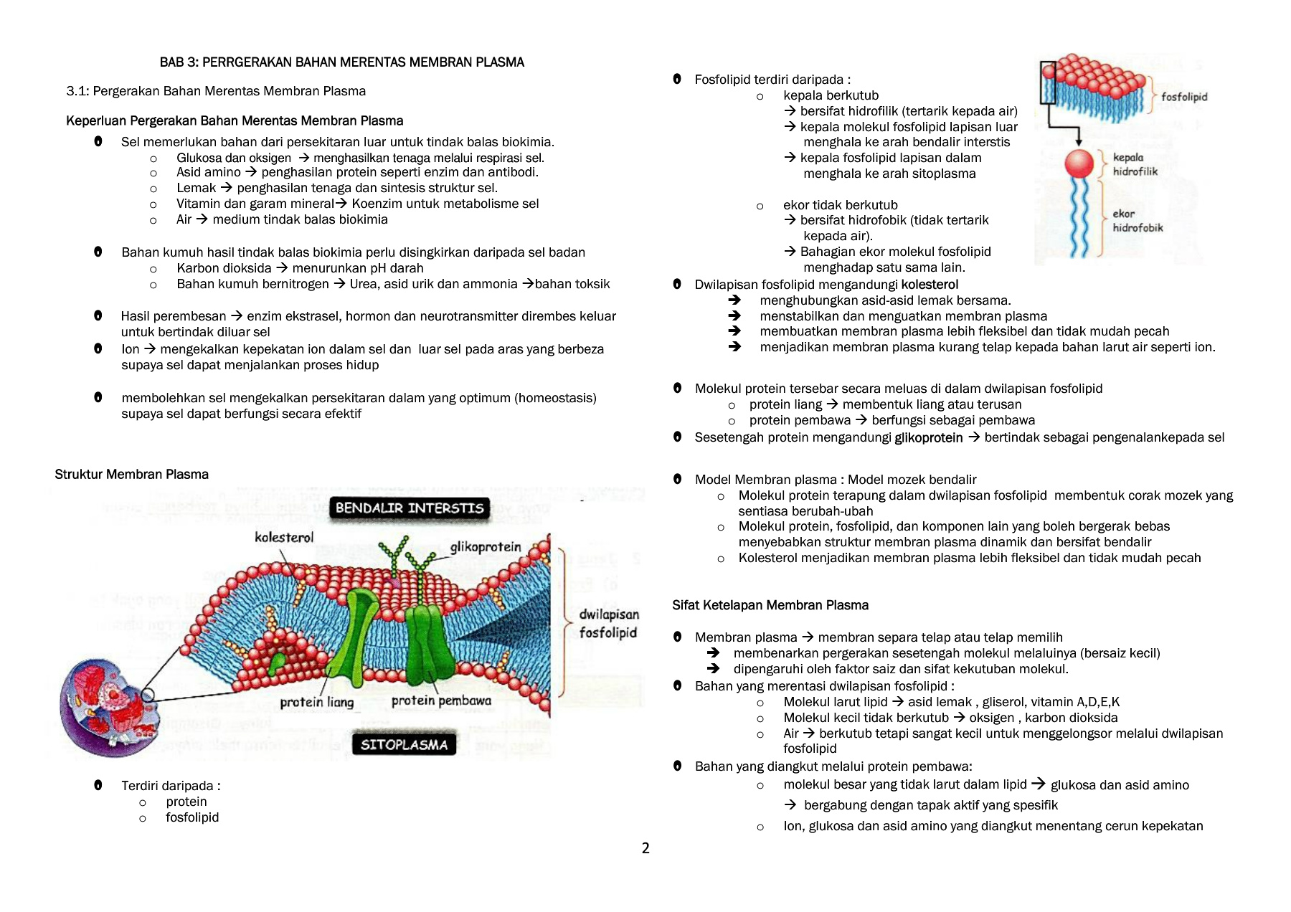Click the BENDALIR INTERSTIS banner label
[x=410, y=508]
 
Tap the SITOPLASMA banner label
[x=404, y=745]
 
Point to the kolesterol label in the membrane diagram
[x=284, y=538]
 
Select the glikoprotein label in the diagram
[x=486, y=547]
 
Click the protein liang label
[x=316, y=703]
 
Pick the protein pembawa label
[x=441, y=701]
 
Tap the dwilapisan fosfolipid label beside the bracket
[x=608, y=624]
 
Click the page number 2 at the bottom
[x=645, y=849]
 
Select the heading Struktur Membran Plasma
[x=131, y=475]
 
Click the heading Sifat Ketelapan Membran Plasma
[x=770, y=605]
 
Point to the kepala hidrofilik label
[x=1134, y=164]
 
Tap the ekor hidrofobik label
[x=1137, y=221]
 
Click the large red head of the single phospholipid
[x=1079, y=163]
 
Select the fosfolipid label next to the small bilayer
[x=1184, y=97]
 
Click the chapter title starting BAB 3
[x=341, y=62]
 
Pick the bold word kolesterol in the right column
[x=930, y=285]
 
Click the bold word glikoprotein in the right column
[x=928, y=438]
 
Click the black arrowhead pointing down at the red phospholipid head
[x=1079, y=142]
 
